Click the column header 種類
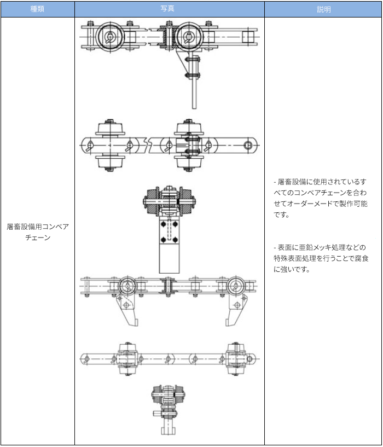click(37, 9)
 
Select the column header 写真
click(169, 9)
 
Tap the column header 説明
click(323, 9)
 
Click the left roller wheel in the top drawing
click(110, 37)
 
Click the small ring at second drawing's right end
click(248, 145)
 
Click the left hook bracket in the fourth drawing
click(129, 309)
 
